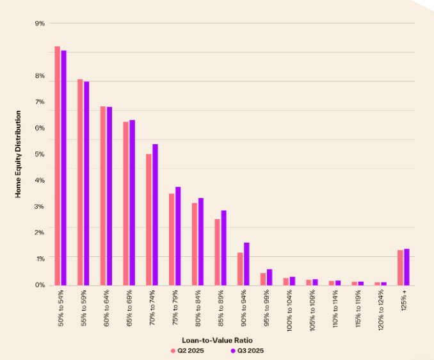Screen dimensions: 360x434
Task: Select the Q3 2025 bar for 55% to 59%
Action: (86, 183)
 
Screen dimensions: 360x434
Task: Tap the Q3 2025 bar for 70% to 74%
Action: (155, 215)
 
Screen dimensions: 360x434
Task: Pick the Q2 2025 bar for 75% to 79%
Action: (172, 239)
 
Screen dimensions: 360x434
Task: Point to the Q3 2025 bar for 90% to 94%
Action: (246, 264)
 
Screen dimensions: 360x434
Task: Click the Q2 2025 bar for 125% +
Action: (400, 267)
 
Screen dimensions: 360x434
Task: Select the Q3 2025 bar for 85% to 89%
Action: (223, 248)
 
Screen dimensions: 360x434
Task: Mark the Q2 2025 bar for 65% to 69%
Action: (126, 203)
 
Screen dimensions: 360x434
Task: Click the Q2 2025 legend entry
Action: (188, 350)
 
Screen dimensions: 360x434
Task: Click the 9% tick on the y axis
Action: (40, 24)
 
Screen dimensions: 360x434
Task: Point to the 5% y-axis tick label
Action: (40, 154)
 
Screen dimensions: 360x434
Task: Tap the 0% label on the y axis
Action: (40, 285)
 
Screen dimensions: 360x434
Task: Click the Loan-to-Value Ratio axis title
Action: (217, 340)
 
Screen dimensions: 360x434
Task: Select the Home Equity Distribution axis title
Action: (19, 154)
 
